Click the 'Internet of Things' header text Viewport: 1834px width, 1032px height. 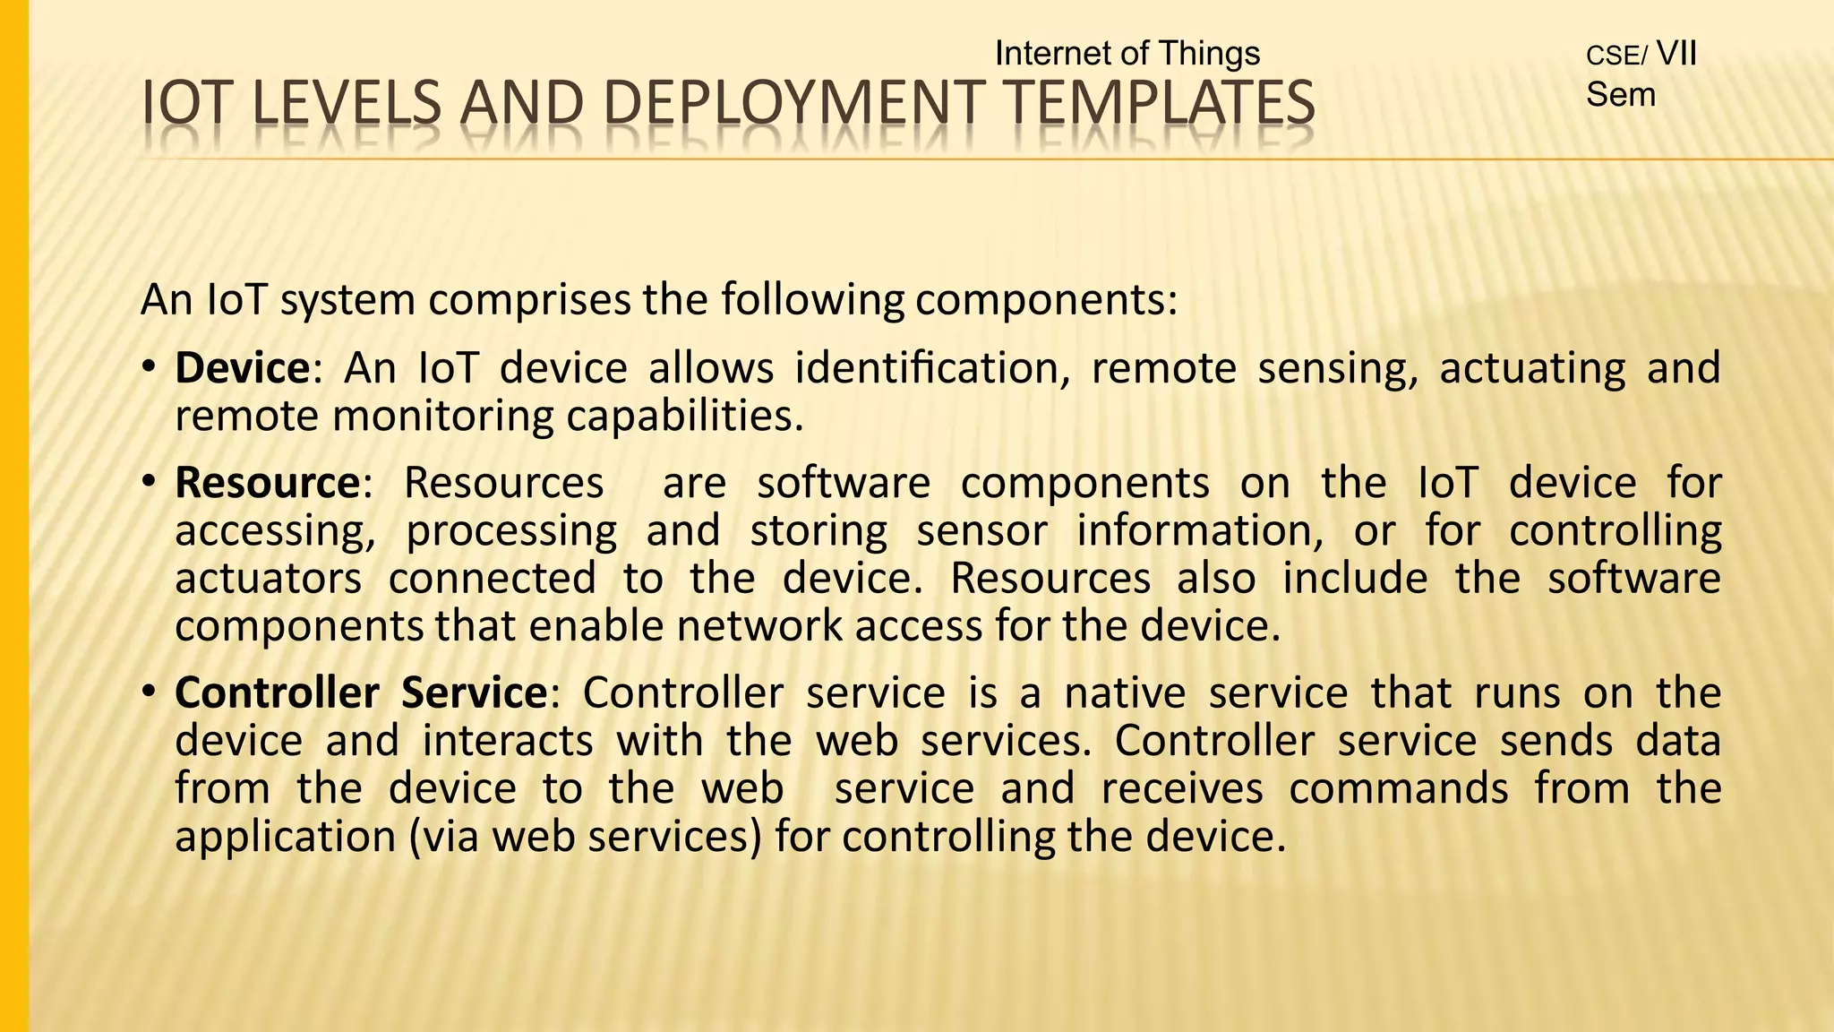pos(1127,54)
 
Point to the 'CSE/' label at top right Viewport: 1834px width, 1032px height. pos(1615,56)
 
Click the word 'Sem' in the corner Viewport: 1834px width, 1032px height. pos(1620,94)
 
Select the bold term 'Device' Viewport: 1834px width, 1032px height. pos(242,368)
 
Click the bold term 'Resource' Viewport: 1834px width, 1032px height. pos(267,483)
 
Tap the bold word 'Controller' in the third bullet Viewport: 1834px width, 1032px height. pos(277,692)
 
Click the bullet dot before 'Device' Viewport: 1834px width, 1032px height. pos(150,368)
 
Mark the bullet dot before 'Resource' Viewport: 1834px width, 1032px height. pos(150,483)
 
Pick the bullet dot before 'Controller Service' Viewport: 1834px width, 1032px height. pos(150,692)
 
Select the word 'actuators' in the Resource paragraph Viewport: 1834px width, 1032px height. pos(268,578)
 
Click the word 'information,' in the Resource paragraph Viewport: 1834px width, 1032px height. pos(1200,530)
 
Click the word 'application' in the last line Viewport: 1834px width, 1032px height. pos(285,837)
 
